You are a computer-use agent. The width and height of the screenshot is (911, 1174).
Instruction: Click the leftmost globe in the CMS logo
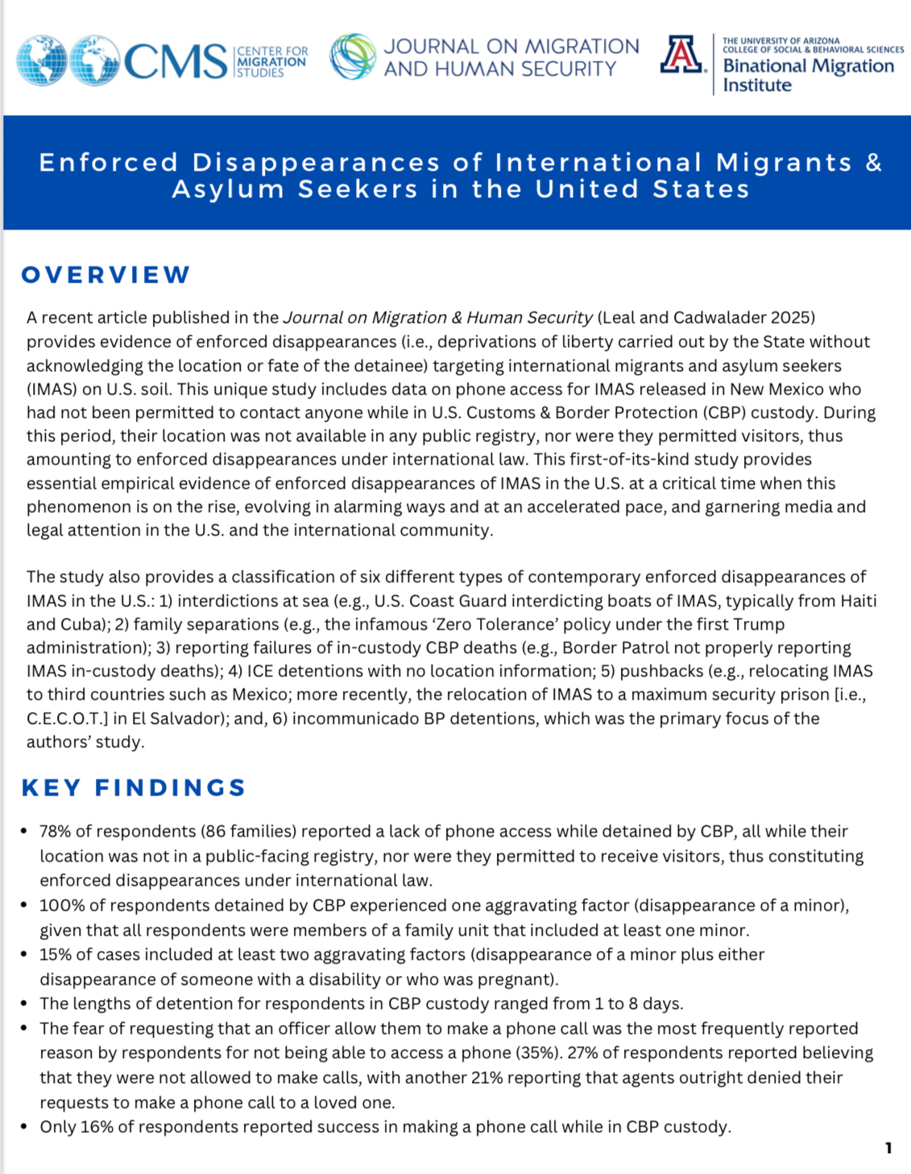pyautogui.click(x=43, y=60)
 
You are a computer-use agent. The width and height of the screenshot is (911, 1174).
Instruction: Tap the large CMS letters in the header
pyautogui.click(x=176, y=62)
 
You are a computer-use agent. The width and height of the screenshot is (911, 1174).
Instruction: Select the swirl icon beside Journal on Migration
pyautogui.click(x=353, y=56)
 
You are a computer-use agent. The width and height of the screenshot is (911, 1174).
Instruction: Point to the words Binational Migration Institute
pyautogui.click(x=808, y=75)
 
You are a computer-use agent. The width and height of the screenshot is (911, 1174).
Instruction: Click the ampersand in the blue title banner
pyautogui.click(x=874, y=163)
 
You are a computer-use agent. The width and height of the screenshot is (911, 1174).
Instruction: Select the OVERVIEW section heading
pyautogui.click(x=106, y=275)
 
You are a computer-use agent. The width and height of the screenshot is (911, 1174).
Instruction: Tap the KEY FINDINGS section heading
pyautogui.click(x=134, y=787)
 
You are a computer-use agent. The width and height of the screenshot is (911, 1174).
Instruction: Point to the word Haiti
pyautogui.click(x=858, y=601)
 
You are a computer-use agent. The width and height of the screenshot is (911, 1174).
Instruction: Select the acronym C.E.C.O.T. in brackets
pyautogui.click(x=68, y=718)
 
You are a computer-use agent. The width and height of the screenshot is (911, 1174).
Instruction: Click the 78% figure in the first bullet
pyautogui.click(x=55, y=831)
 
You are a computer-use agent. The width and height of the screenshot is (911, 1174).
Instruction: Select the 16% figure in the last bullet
pyautogui.click(x=97, y=1126)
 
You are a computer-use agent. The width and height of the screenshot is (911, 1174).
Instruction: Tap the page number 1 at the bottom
pyautogui.click(x=888, y=1147)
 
